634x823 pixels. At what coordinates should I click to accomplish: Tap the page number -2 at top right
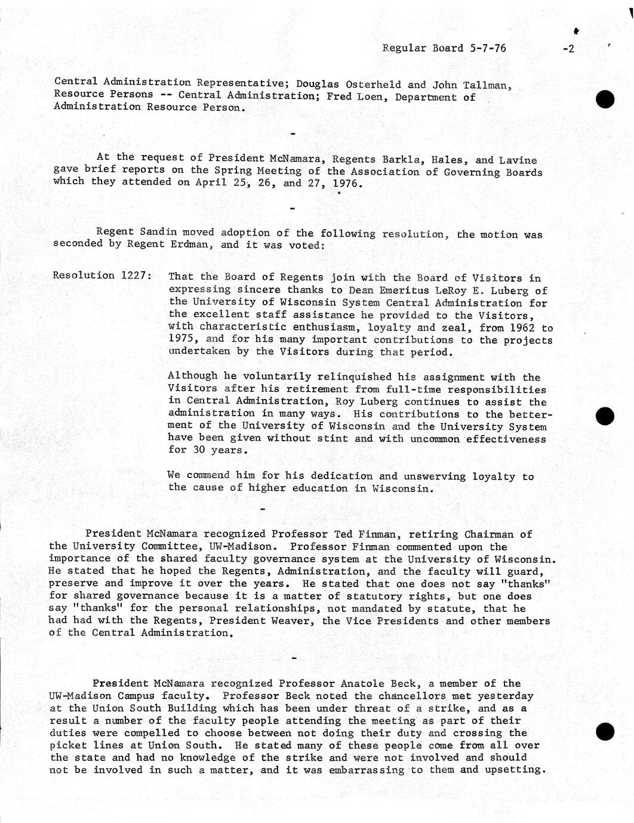tap(568, 49)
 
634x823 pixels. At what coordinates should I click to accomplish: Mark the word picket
tap(69, 745)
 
